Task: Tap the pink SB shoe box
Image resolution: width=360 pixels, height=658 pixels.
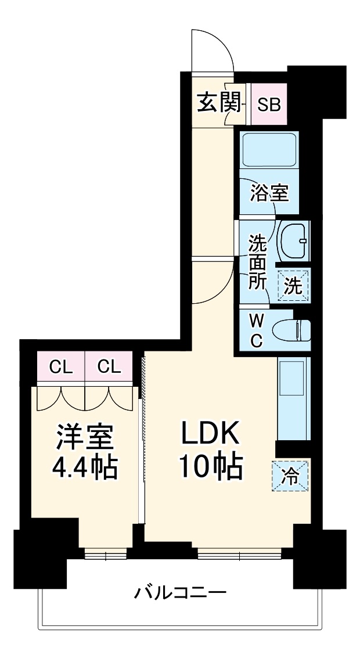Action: [x=269, y=105]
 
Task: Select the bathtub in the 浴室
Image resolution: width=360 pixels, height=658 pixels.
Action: [x=269, y=149]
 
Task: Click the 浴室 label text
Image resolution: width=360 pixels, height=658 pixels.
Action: [x=269, y=193]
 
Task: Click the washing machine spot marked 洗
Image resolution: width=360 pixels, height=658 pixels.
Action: [x=293, y=285]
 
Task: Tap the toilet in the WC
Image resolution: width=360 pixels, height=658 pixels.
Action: [x=293, y=330]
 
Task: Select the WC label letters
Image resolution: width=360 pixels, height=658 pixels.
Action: [x=256, y=330]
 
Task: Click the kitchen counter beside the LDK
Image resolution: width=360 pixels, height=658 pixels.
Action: [x=294, y=399]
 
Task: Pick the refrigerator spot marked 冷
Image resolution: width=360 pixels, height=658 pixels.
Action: [x=290, y=476]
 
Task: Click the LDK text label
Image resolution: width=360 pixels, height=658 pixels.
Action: [x=210, y=434]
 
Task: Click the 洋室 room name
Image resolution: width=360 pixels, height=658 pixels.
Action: [x=85, y=436]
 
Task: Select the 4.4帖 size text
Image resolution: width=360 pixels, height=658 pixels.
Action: [x=85, y=468]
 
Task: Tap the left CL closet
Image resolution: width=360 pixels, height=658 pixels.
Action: [x=61, y=366]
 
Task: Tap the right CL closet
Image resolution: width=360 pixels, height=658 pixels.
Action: [x=109, y=366]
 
